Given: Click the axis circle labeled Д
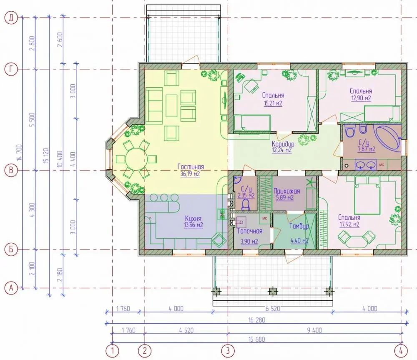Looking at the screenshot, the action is tap(11, 18).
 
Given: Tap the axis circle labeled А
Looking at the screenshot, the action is tap(11, 288).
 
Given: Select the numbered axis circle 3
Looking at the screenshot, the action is tap(228, 351).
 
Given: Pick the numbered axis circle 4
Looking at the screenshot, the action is tap(401, 351).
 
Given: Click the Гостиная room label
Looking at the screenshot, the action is tap(191, 167).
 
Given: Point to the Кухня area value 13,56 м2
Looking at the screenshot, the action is tap(193, 225).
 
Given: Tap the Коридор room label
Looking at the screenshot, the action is tap(283, 144).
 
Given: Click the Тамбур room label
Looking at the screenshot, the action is tap(299, 226).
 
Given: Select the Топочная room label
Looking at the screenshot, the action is tap(249, 231).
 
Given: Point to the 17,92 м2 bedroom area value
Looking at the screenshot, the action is tap(349, 224).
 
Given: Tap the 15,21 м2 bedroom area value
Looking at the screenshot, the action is tap(273, 103).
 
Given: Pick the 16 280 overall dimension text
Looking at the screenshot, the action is tap(256, 320).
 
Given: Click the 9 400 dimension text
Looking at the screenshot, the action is tap(314, 330).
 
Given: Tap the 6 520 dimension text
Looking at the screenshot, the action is tap(273, 309).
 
